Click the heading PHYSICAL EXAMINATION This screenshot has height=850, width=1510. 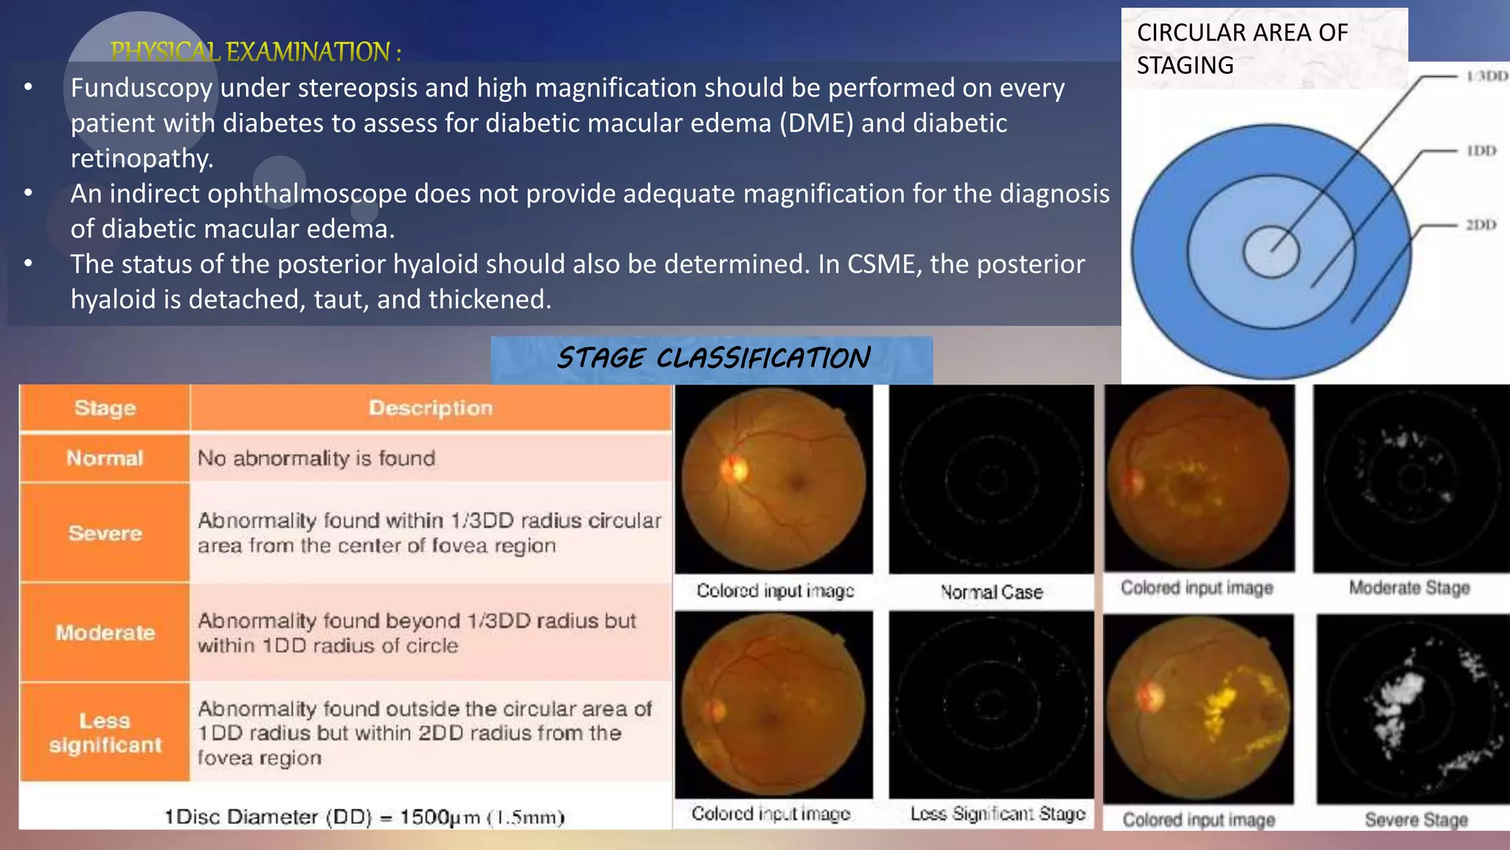[x=255, y=52]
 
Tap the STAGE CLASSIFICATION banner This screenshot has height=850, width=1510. [x=712, y=359]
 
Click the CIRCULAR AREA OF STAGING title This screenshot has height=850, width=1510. [x=1242, y=49]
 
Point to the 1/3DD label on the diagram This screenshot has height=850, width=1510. [x=1486, y=76]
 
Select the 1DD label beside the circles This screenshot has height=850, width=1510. [x=1481, y=151]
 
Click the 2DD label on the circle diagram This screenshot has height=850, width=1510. [x=1481, y=224]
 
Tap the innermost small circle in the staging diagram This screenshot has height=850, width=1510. [x=1270, y=252]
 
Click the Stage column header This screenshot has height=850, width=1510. [x=105, y=408]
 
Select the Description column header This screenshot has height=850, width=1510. [x=431, y=408]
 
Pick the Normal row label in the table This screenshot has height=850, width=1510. [x=105, y=458]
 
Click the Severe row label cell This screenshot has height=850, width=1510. [x=105, y=533]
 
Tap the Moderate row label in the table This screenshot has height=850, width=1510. [x=105, y=632]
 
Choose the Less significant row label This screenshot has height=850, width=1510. [x=105, y=732]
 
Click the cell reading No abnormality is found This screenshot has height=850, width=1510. [x=317, y=458]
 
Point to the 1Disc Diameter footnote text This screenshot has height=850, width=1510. [x=364, y=817]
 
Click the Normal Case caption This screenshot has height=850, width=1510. [x=991, y=592]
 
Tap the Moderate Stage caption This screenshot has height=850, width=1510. [x=1409, y=588]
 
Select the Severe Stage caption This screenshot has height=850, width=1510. [x=1416, y=820]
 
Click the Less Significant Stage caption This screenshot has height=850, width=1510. [x=998, y=814]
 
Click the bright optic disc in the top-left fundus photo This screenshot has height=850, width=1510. [x=734, y=469]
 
